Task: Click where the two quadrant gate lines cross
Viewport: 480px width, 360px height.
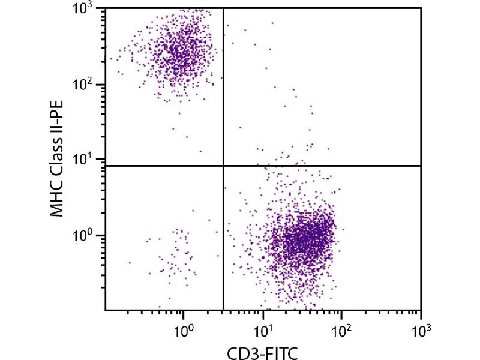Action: click(223, 165)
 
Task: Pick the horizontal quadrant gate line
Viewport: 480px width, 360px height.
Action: click(330, 165)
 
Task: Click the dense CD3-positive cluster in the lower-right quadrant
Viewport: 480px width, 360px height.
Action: click(306, 237)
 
